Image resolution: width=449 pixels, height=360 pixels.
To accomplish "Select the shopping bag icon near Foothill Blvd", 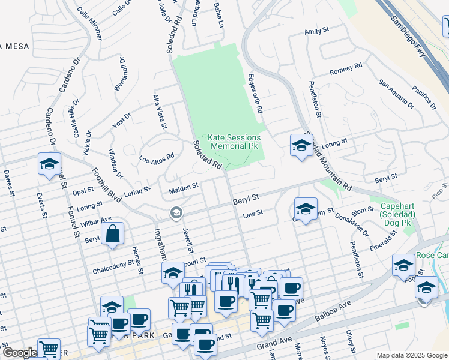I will tap(113, 234).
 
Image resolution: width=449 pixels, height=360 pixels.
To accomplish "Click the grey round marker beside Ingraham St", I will tap(176, 212).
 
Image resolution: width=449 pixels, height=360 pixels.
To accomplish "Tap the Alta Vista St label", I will tap(159, 112).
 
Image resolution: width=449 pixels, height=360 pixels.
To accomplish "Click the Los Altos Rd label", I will tap(157, 158).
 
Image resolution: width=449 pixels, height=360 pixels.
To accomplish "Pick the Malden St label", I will tap(183, 188).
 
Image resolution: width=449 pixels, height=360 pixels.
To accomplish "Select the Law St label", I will tap(249, 214).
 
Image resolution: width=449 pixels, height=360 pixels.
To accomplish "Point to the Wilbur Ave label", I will tap(96, 222).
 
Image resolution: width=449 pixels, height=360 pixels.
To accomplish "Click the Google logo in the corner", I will tap(19, 353).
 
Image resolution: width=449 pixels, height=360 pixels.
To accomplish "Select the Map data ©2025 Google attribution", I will tap(411, 355).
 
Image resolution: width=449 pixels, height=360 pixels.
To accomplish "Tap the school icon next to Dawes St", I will tap(49, 164).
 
